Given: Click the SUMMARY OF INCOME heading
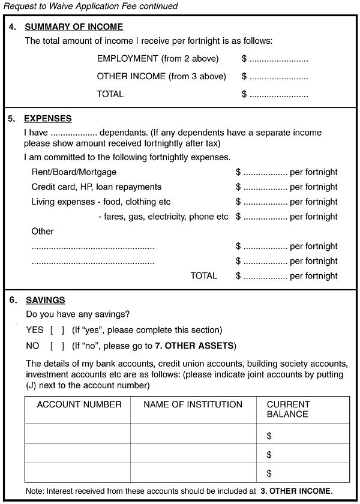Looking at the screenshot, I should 74,27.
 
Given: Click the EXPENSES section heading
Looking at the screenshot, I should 47,119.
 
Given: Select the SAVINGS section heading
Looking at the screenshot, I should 46,300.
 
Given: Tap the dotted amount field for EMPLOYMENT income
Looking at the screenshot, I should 278,59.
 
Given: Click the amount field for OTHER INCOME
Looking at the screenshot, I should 278,77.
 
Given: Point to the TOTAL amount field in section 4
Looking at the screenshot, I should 278,94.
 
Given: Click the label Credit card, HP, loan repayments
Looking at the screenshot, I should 96,187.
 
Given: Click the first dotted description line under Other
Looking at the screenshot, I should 92,247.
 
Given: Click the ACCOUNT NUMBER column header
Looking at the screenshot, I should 79,404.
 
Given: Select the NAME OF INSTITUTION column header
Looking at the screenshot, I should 193,404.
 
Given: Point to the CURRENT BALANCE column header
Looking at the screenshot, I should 289,409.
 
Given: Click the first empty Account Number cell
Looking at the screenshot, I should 77,433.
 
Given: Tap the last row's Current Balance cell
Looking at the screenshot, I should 302,473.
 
